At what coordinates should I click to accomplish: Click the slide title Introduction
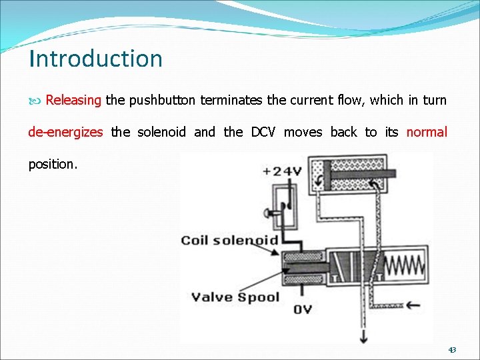pos(95,59)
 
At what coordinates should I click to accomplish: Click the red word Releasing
pos(73,101)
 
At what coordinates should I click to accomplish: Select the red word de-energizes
pos(65,132)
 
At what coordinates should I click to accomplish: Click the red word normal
pos(427,132)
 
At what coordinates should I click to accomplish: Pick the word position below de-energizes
pos(53,164)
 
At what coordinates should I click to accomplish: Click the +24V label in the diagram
pos(282,171)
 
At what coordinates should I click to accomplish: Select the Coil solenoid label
pos(229,240)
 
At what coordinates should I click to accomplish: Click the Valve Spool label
pos(235,297)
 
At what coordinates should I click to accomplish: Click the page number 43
pos(452,349)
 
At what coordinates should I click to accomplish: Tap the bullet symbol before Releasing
pos(36,101)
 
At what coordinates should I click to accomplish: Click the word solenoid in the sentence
pos(161,132)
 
